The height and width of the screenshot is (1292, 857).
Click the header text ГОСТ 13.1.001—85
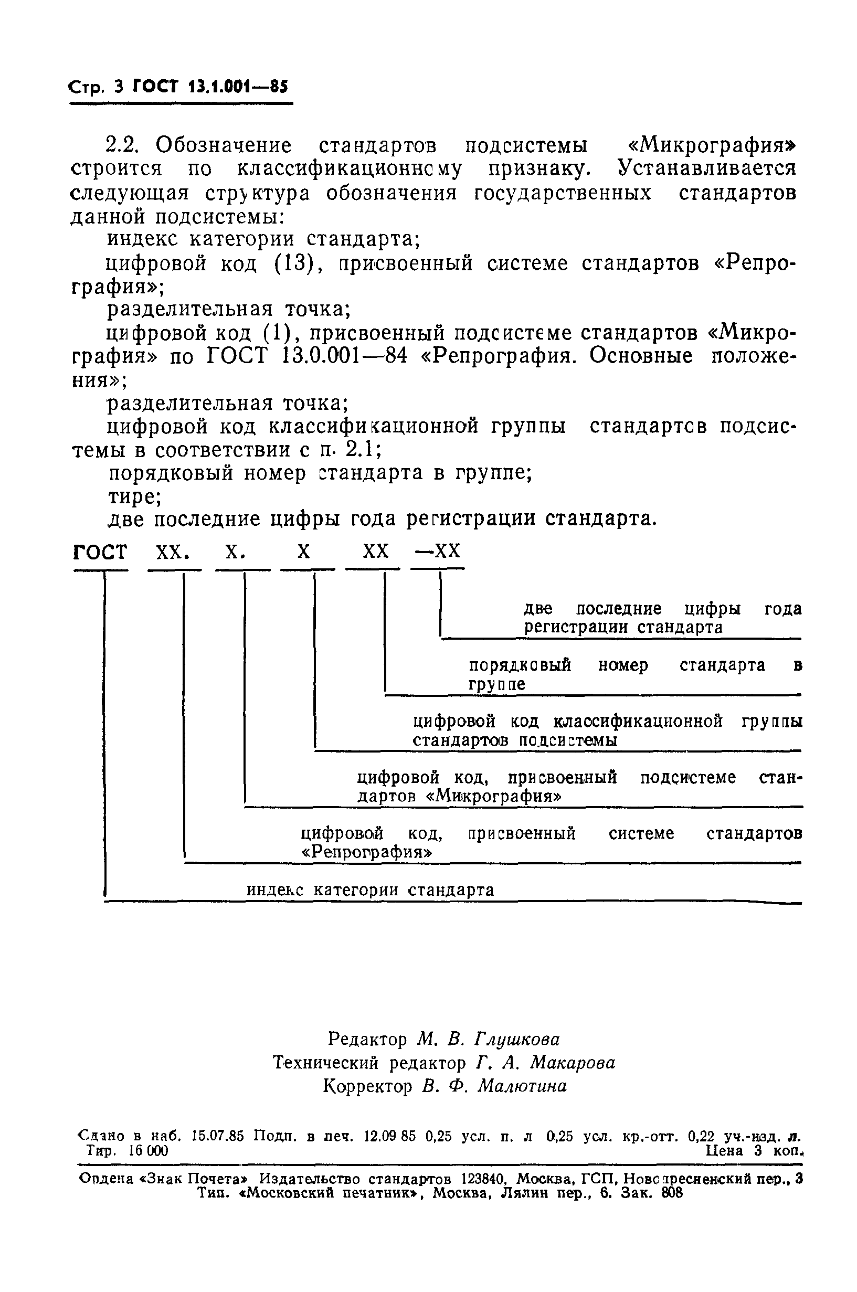(x=210, y=87)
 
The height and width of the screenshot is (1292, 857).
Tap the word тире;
(x=134, y=497)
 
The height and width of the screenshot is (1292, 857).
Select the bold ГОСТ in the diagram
(x=100, y=552)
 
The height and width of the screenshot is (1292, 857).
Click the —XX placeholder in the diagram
(x=438, y=551)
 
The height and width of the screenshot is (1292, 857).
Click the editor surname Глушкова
(x=517, y=1039)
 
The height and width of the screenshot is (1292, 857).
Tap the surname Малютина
(x=522, y=1086)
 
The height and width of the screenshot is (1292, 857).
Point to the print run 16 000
(x=148, y=1150)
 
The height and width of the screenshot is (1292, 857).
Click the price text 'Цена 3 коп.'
(x=754, y=1150)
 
